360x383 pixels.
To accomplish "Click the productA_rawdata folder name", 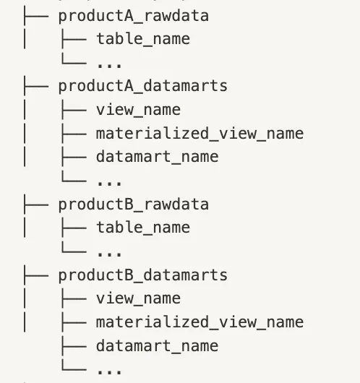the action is point(134,17).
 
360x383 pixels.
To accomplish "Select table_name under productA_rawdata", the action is point(143,38).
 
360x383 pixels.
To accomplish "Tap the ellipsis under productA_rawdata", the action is point(109,65).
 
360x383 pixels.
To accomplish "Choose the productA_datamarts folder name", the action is point(143,86).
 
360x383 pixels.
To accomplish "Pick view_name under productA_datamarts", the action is point(138,110).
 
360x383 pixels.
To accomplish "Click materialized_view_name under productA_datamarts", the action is point(200,134).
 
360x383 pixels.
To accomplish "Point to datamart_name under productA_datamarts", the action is point(157,157).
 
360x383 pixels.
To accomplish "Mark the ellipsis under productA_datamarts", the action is point(109,183).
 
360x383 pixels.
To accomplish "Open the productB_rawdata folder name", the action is point(134,205).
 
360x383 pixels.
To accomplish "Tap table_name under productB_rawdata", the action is point(143,227).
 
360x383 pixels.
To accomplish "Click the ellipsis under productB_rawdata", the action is point(109,254).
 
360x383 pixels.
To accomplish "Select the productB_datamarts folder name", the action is point(143,275).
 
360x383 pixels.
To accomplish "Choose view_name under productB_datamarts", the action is point(138,298).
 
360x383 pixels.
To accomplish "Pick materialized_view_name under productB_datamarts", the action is point(200,322).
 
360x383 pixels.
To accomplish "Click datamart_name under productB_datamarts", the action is point(157,346).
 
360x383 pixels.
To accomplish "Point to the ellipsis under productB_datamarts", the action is point(109,371).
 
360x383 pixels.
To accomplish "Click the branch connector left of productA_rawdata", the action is point(36,16).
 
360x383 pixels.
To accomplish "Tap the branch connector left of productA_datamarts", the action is point(36,86).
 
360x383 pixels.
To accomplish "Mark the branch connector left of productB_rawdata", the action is point(36,205).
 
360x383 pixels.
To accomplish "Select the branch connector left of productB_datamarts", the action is point(36,275).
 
